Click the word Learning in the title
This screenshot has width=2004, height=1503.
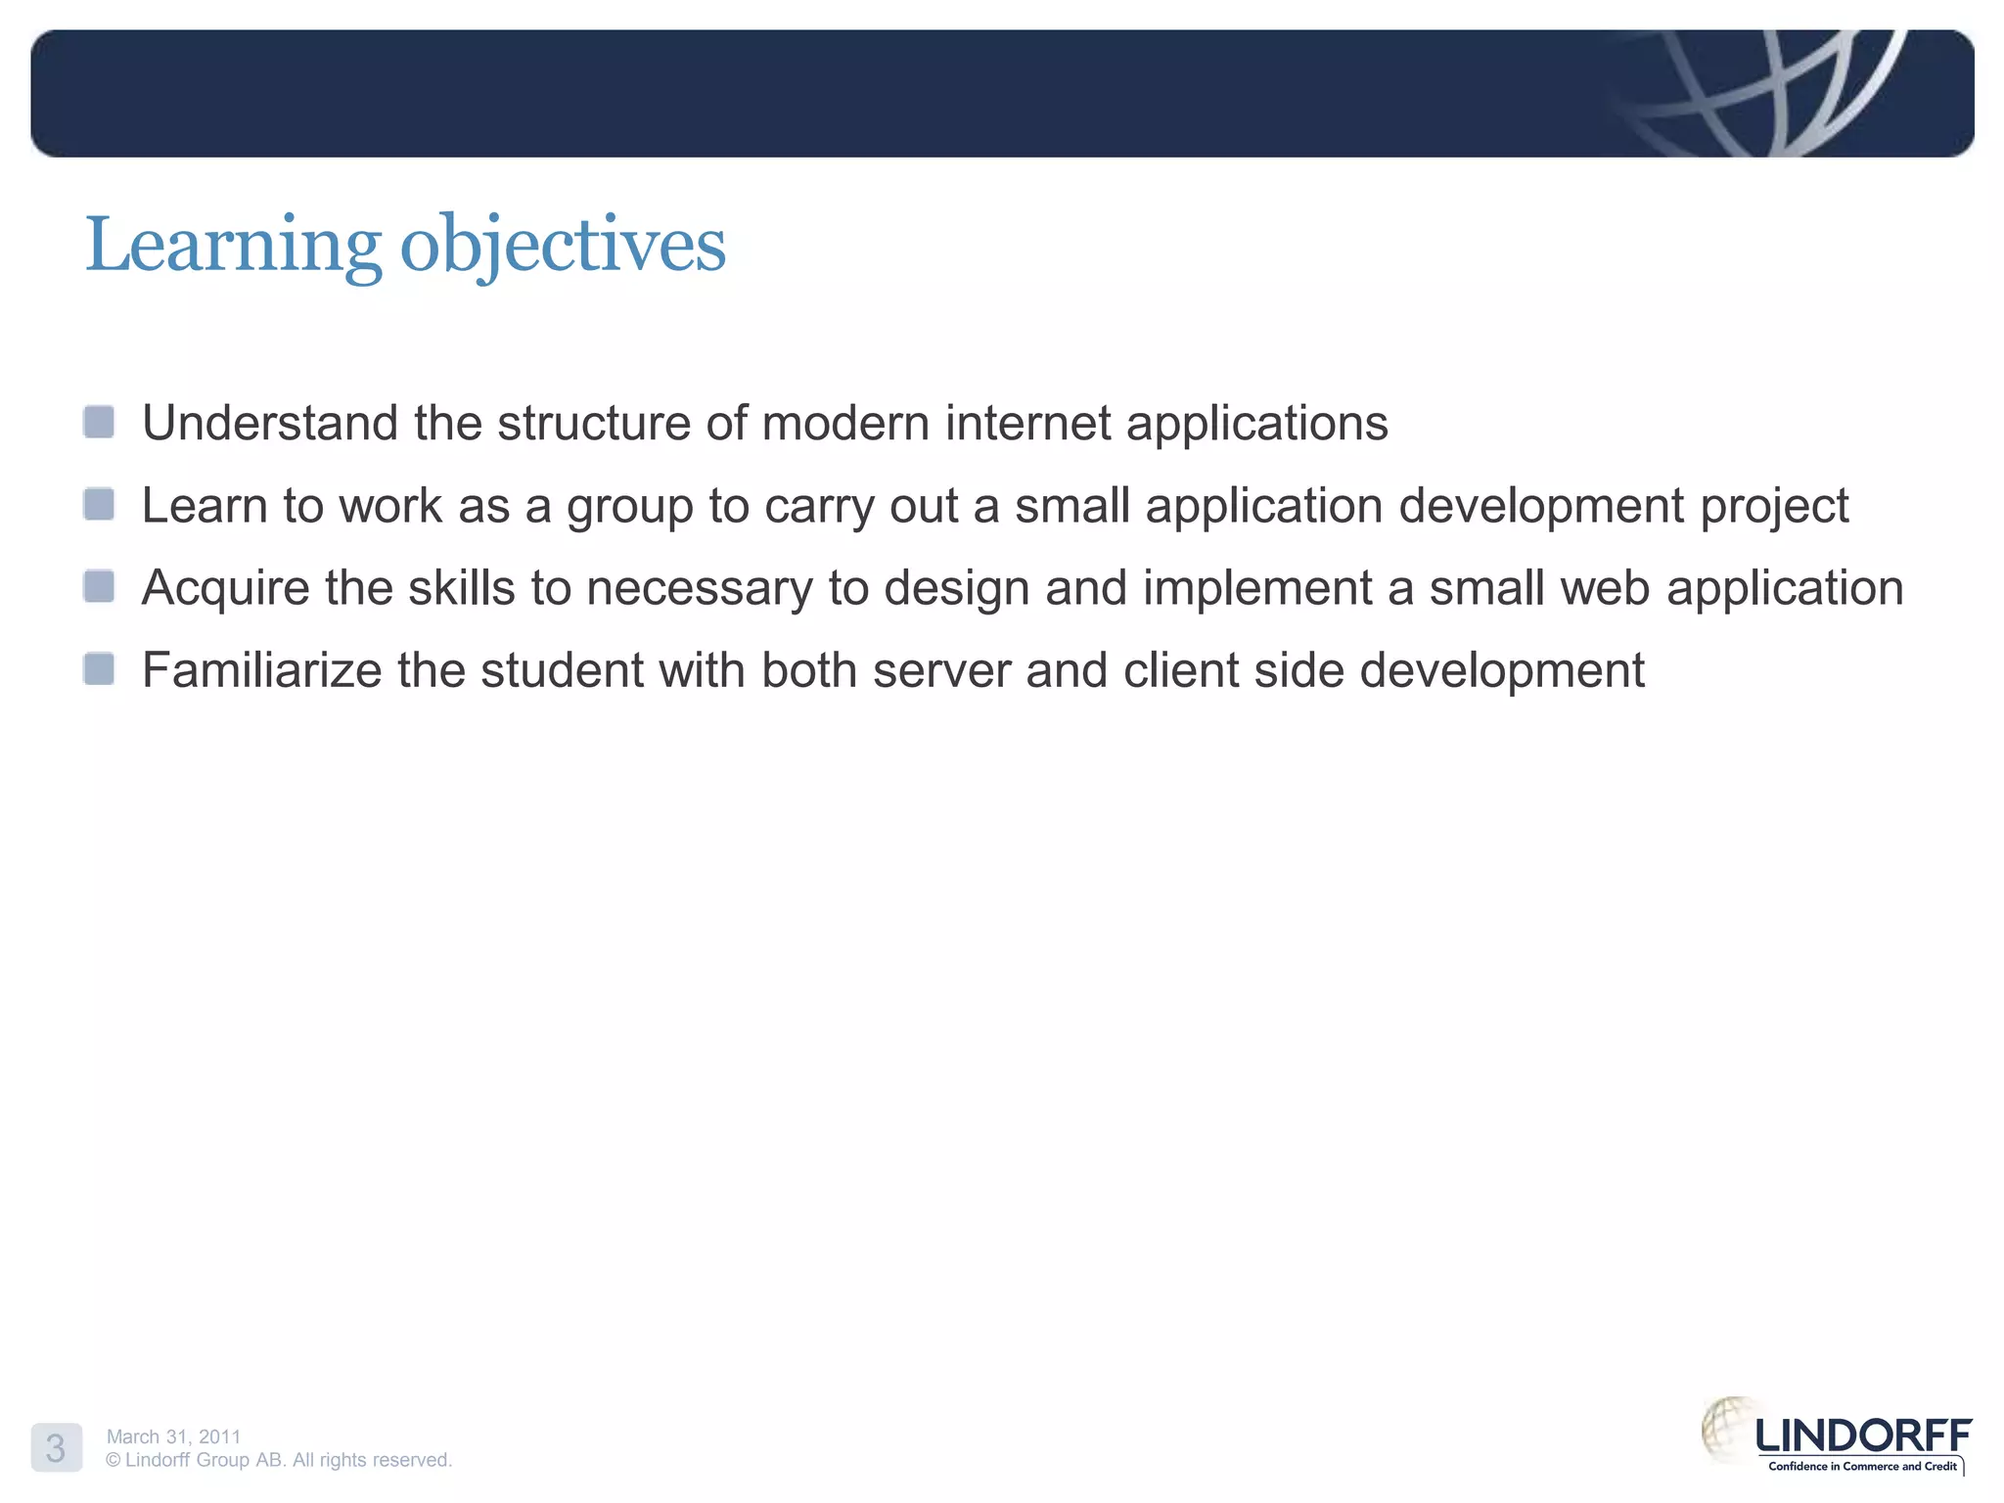(233, 245)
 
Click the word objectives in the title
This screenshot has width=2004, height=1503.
(563, 245)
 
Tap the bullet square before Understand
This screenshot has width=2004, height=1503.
(99, 423)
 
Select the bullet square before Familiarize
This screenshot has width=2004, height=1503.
(99, 669)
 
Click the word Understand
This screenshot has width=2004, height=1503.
(270, 423)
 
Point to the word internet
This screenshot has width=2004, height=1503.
(1027, 423)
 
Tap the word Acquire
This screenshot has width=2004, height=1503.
(225, 589)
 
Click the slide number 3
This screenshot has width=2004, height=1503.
(56, 1448)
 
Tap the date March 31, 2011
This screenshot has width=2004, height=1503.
(173, 1436)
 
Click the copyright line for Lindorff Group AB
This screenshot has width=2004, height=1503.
(279, 1460)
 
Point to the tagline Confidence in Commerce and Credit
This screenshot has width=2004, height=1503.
(1861, 1466)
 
